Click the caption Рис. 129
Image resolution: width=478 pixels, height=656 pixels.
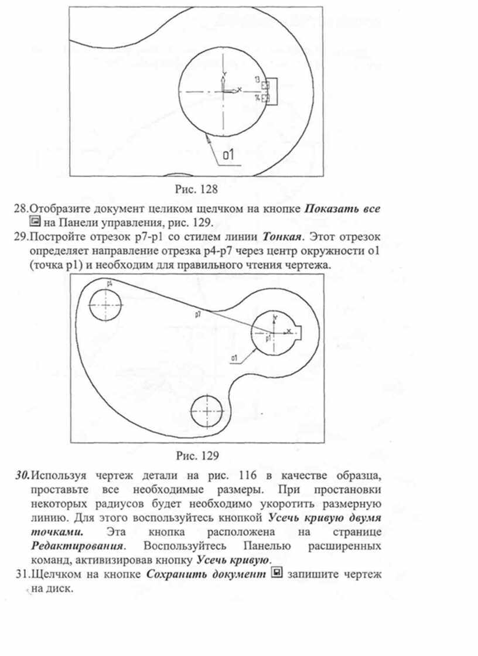coord(197,454)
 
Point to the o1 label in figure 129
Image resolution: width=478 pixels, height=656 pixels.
coord(234,357)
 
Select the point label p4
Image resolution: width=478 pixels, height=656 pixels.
coord(110,283)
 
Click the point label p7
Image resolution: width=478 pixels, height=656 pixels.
coord(199,314)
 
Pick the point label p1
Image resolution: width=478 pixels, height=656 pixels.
coord(268,338)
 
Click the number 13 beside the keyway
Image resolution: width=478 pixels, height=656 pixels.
coord(257,78)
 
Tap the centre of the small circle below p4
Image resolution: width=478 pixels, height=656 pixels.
coord(105,306)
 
